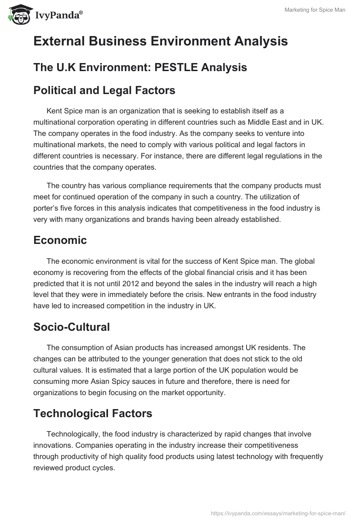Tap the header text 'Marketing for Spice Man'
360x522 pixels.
click(315, 10)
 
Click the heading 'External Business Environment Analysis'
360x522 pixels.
click(160, 41)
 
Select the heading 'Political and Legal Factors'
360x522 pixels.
click(104, 90)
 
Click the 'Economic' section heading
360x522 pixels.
click(60, 240)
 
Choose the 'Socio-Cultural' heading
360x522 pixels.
click(72, 327)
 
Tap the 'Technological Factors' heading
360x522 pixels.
click(93, 413)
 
